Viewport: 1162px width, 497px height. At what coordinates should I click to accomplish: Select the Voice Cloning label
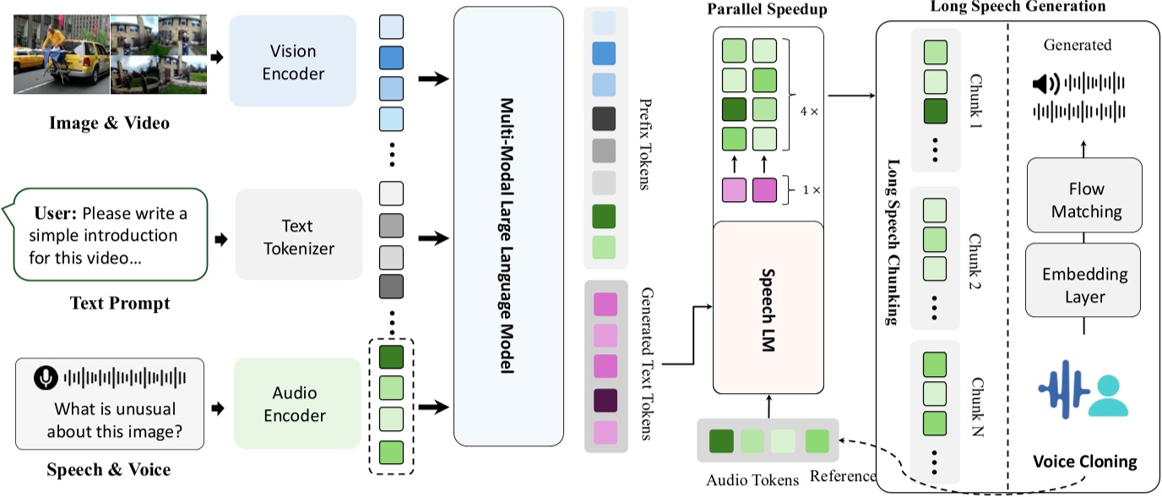click(1084, 461)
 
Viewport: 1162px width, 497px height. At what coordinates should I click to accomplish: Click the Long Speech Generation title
click(1017, 7)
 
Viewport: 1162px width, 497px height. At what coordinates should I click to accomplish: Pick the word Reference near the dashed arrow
click(842, 474)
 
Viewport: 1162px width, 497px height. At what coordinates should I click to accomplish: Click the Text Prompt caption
click(119, 302)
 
